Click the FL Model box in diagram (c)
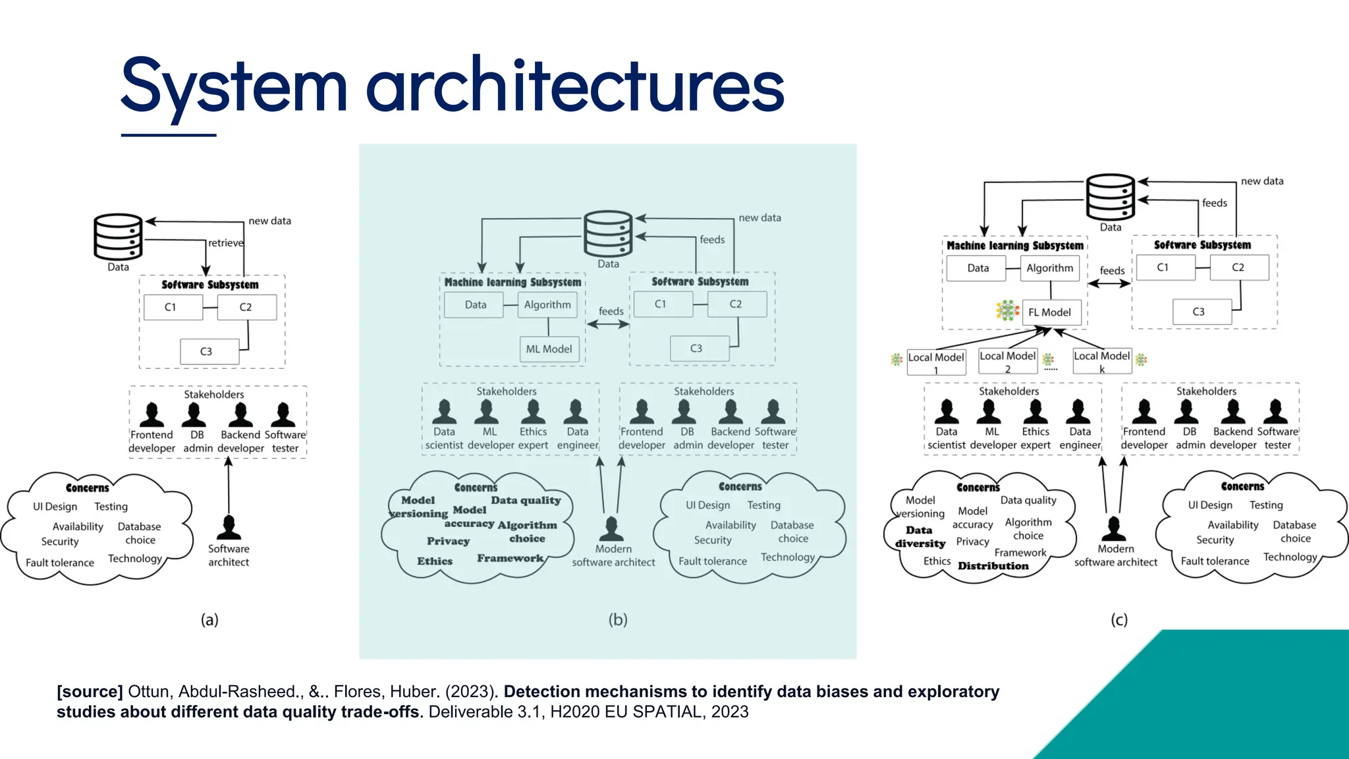click(1051, 312)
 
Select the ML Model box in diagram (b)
click(549, 349)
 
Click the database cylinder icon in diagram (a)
click(118, 237)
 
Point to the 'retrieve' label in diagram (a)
click(225, 243)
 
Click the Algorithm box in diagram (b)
click(547, 305)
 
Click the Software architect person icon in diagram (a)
click(229, 527)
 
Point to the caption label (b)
click(617, 619)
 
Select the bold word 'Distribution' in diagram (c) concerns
click(993, 566)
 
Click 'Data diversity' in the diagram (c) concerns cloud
click(920, 536)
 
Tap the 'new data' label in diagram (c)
click(1261, 181)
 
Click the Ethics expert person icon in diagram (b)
click(533, 411)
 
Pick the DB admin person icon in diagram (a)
click(194, 414)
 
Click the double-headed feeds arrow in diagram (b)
click(607, 324)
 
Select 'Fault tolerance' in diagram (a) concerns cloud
click(60, 563)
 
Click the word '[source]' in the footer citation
click(90, 692)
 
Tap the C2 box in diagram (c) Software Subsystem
click(1238, 267)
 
